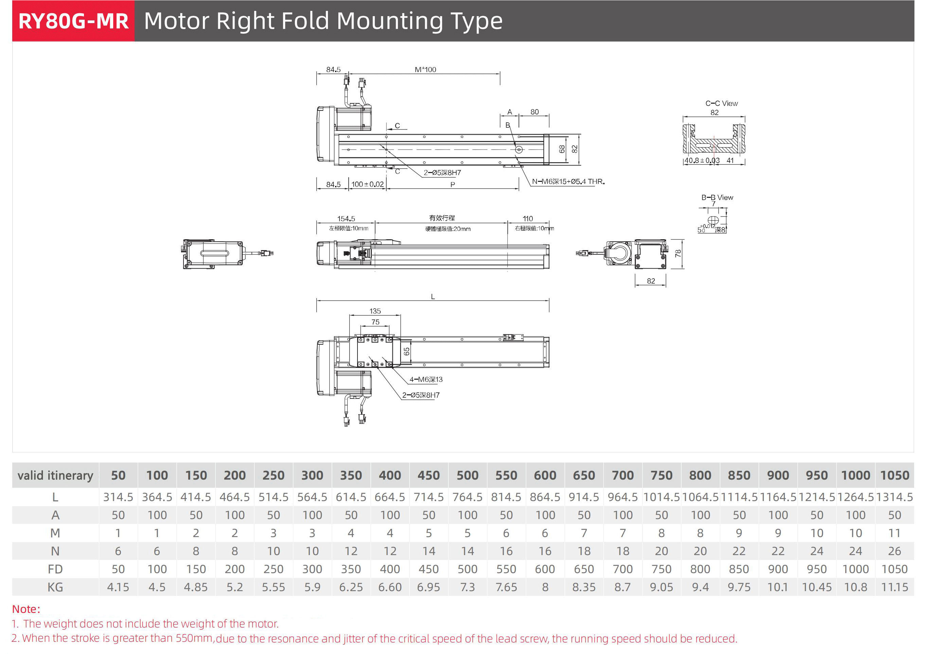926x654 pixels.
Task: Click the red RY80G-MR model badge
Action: [x=73, y=21]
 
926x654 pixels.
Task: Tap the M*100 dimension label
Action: [x=425, y=69]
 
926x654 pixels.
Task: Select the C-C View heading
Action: [x=721, y=103]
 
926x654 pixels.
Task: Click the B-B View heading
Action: [x=717, y=197]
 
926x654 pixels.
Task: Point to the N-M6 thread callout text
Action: [x=568, y=182]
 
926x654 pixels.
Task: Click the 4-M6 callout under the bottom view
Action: [x=426, y=379]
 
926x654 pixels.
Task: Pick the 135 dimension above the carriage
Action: [x=375, y=311]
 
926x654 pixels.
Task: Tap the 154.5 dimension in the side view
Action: [x=346, y=219]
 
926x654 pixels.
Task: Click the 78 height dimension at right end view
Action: [x=678, y=253]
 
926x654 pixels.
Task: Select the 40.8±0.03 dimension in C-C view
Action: [x=702, y=160]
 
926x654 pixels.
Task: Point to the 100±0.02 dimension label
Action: [x=367, y=184]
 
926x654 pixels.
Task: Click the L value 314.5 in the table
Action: [x=118, y=497]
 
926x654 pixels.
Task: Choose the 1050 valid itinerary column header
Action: [x=894, y=475]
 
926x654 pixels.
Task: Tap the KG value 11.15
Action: [x=894, y=587]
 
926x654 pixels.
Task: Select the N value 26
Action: [x=894, y=551]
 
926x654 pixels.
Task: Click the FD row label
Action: [x=55, y=569]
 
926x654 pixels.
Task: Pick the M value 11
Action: [x=894, y=533]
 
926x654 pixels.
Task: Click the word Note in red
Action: [x=25, y=609]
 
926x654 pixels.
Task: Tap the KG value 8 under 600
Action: [x=545, y=587]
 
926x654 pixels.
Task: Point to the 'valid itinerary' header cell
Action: [x=55, y=475]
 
